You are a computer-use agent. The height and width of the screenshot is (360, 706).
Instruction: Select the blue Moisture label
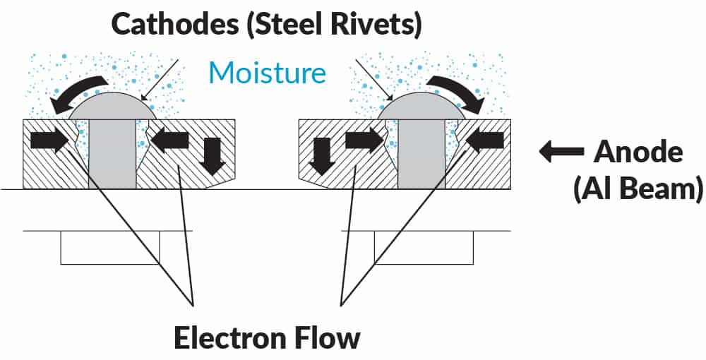[x=268, y=73]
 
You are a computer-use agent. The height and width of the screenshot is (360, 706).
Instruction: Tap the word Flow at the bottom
[x=328, y=337]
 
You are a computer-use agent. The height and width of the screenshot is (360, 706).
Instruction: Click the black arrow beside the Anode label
[x=561, y=150]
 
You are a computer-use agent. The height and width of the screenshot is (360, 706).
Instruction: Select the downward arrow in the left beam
[x=212, y=155]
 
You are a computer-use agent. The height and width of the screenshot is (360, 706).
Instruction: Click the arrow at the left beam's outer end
[x=49, y=140]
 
